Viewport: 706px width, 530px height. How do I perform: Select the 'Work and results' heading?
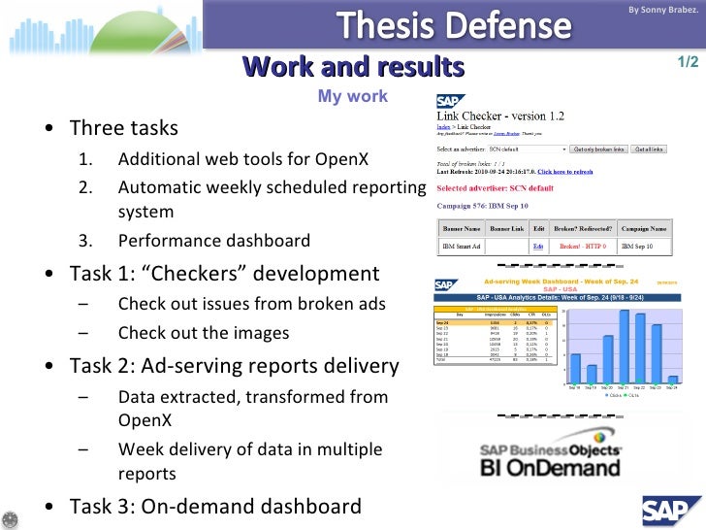353,67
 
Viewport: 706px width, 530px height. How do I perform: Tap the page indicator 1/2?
688,63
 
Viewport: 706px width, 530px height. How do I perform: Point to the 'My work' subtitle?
352,96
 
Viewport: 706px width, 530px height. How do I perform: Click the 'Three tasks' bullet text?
123,129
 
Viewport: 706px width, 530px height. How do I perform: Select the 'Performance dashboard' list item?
214,241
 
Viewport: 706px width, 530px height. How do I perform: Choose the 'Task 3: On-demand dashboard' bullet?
215,506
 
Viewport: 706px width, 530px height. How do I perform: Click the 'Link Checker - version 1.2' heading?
507,117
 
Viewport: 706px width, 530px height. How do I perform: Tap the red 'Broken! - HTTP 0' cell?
582,248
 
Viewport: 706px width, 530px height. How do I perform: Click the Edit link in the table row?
537,248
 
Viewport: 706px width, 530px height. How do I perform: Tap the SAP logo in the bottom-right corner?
672,507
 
